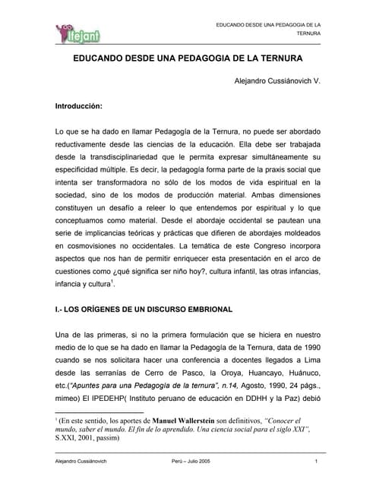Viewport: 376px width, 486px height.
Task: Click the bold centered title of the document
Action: pyautogui.click(x=188, y=58)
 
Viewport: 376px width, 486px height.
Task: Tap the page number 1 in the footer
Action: pyautogui.click(x=314, y=463)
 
